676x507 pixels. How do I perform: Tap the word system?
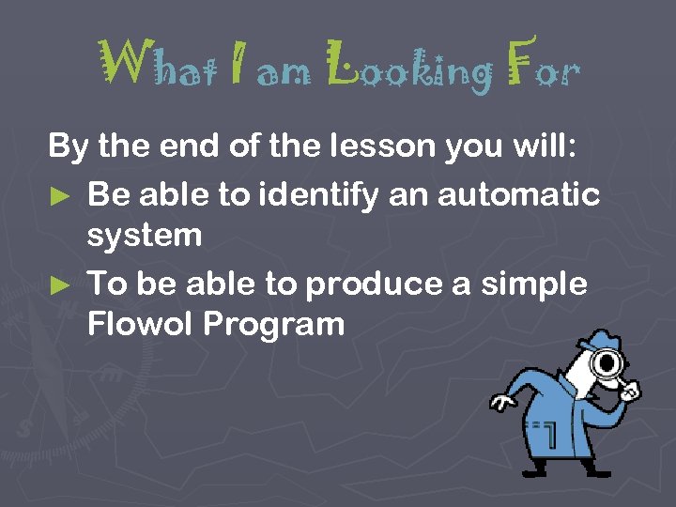coord(144,236)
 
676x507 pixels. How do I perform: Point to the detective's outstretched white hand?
coord(502,403)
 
